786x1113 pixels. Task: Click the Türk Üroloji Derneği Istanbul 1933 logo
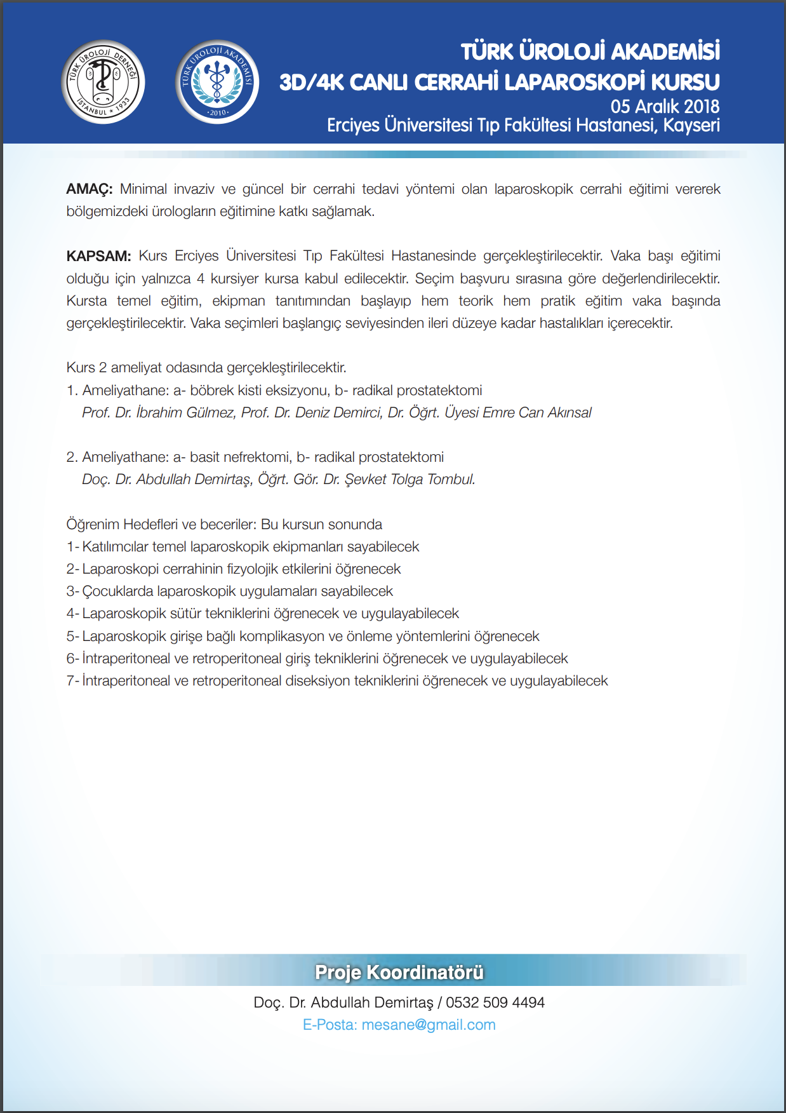click(103, 82)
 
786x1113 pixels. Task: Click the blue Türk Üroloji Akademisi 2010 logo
click(217, 82)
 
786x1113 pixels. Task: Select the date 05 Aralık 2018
click(665, 106)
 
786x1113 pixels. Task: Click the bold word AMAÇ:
click(90, 189)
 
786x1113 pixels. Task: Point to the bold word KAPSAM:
click(98, 256)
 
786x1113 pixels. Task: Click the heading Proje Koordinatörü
click(399, 972)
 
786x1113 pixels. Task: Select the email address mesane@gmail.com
click(429, 1025)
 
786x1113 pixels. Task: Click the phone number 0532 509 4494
click(495, 1002)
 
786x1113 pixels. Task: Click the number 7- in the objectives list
click(73, 681)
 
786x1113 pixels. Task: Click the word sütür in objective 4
click(185, 614)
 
